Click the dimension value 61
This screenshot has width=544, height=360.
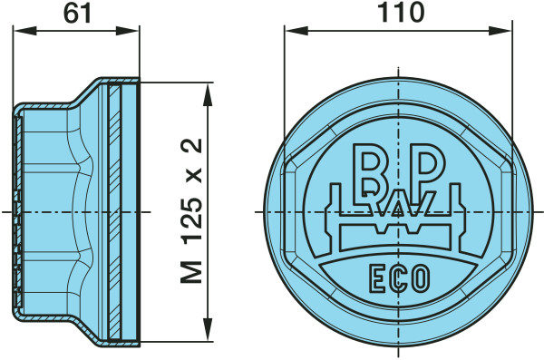point(77,14)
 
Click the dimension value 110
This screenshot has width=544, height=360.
point(401,12)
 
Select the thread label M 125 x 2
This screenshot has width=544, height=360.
point(191,210)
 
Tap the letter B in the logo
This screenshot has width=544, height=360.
point(371,173)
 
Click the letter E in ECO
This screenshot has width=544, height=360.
point(376,278)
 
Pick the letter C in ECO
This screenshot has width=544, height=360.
point(398,278)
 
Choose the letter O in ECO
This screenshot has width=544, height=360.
point(421,277)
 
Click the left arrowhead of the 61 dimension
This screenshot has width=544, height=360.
point(24,31)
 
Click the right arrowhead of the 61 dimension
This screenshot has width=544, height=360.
point(127,31)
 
